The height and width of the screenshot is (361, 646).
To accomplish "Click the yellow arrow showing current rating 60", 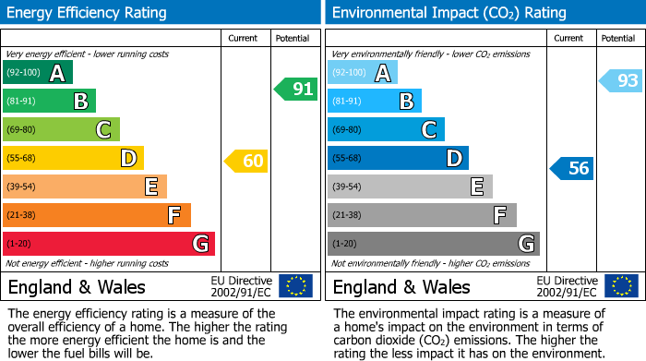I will [246, 161].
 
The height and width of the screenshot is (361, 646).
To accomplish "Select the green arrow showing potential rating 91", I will [296, 90].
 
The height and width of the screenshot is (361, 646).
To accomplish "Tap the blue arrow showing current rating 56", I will [572, 168].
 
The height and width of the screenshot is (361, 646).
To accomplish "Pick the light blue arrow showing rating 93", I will [621, 81].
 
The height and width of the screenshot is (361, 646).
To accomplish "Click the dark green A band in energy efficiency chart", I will [38, 73].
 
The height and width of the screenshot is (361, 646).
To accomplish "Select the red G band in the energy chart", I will [109, 244].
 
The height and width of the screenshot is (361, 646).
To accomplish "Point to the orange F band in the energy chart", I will [97, 215].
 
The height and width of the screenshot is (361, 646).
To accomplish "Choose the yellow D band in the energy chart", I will [73, 158].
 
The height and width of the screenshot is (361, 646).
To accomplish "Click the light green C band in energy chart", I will [61, 130].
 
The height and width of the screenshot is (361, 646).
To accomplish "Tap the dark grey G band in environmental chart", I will [433, 244].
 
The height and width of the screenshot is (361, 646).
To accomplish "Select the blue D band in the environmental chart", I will [398, 158].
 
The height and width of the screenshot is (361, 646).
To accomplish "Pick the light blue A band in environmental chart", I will [363, 73].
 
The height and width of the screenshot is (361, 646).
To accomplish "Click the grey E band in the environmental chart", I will [410, 187].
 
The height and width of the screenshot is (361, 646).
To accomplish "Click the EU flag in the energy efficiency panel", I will [295, 286].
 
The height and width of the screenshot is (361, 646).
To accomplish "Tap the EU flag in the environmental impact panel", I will [620, 286].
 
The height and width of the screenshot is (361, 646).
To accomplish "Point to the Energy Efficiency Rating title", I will [88, 13].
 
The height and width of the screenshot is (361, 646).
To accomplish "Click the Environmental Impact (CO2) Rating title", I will [449, 13].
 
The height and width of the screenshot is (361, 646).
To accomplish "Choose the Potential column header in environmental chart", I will [618, 38].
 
